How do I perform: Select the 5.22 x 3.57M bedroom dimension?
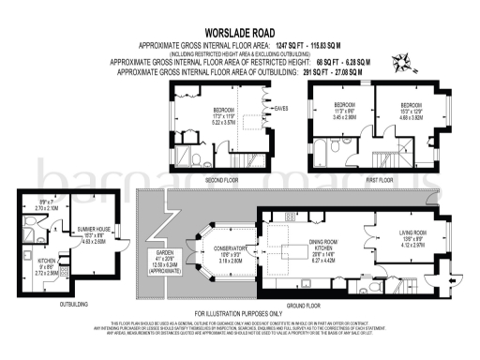pyautogui.click(x=222, y=122)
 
